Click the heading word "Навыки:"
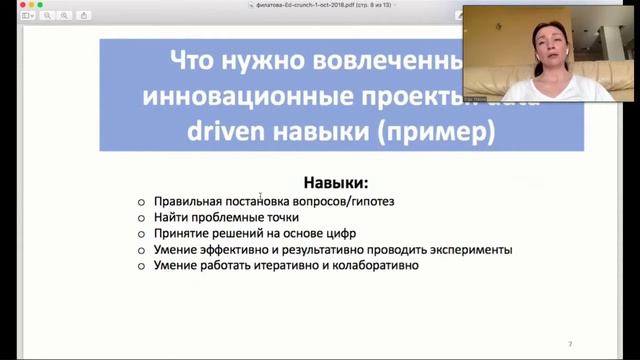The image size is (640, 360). click(336, 183)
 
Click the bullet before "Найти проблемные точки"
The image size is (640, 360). click(142, 217)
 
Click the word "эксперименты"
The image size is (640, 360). click(470, 249)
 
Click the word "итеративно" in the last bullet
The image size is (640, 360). click(282, 266)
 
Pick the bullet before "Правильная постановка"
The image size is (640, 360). click(142, 201)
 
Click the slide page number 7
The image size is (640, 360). click(570, 344)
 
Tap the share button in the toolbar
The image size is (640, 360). click(84, 16)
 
